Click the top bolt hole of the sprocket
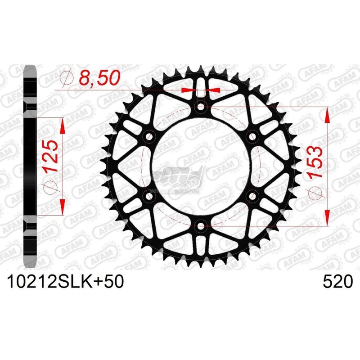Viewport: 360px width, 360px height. (x=201, y=107)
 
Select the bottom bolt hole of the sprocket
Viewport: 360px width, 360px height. (x=201, y=225)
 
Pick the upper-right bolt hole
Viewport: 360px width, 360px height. (x=252, y=136)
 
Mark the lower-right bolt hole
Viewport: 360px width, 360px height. (x=252, y=196)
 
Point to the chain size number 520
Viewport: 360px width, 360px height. (x=337, y=283)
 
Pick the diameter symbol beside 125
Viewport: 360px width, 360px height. (x=50, y=188)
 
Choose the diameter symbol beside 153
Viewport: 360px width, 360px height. (x=317, y=193)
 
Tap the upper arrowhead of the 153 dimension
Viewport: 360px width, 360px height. (x=327, y=115)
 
